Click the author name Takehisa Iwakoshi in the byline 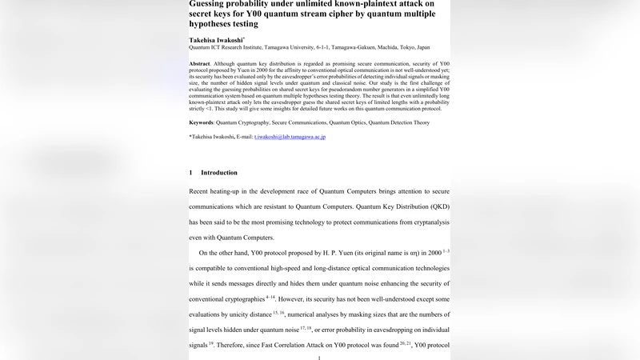point(215,38)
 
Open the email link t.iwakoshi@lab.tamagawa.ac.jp point(290,137)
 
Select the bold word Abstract point(199,62)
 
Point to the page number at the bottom point(319,357)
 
